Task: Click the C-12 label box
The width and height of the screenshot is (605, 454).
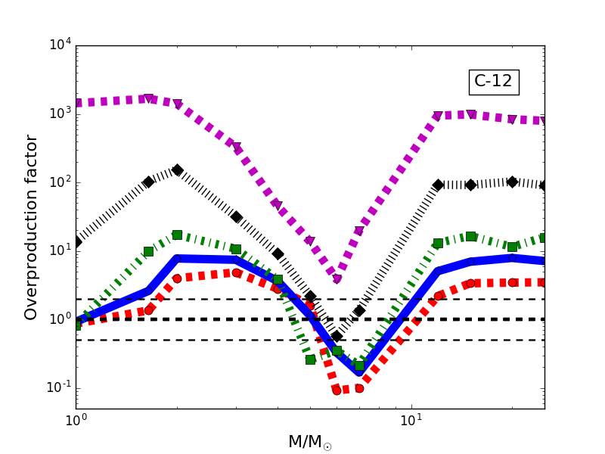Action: click(494, 81)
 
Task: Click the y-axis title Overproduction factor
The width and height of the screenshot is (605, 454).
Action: click(31, 227)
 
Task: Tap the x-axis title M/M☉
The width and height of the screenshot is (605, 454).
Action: click(309, 442)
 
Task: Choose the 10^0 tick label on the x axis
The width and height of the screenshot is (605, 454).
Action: click(76, 421)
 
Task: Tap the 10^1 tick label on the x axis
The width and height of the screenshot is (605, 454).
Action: click(411, 421)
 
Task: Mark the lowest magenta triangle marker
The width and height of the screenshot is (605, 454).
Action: click(337, 279)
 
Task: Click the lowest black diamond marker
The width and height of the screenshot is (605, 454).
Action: click(337, 336)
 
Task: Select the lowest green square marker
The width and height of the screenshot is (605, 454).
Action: click(359, 365)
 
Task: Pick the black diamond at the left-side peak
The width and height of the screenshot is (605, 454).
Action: click(177, 170)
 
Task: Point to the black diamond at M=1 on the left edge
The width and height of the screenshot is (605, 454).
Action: click(76, 242)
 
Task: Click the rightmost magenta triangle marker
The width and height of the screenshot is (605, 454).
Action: click(542, 121)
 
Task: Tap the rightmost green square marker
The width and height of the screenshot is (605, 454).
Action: click(542, 238)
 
